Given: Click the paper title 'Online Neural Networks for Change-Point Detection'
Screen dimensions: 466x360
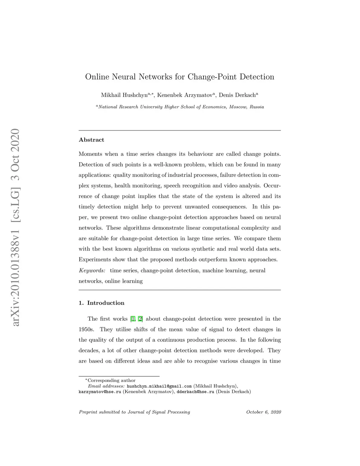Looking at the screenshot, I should pos(180,77).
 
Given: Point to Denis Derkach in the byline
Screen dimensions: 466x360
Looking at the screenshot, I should pos(237,95).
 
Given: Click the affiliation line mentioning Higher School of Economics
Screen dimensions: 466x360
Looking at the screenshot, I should pos(180,107).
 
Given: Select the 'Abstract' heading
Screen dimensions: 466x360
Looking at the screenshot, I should pos(91,140).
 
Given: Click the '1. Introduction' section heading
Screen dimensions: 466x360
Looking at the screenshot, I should pos(102,303).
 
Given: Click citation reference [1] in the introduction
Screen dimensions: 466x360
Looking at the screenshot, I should pos(133,319).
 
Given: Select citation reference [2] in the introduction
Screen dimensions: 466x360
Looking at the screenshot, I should pos(140,319).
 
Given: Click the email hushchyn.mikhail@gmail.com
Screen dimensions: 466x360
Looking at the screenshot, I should pos(159,386).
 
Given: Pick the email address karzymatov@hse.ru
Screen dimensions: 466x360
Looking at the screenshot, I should pos(100,392).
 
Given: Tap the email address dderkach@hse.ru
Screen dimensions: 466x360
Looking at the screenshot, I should pos(195,392).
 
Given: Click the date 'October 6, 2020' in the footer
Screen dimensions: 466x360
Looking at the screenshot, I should pos(263,412).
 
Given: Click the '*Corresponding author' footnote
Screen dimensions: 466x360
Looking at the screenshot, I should pos(110,381).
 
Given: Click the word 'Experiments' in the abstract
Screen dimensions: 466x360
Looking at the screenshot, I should pos(95,260).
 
